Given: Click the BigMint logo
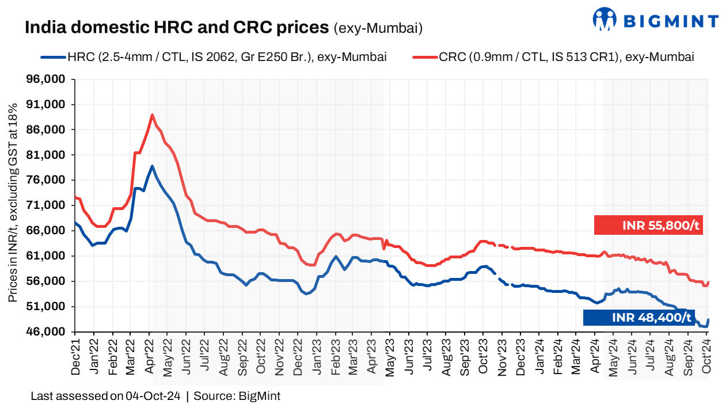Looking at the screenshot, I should click(655, 21).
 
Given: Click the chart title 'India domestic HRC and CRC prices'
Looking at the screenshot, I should click(177, 27).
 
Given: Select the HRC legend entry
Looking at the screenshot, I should click(214, 57).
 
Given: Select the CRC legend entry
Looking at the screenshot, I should click(553, 57).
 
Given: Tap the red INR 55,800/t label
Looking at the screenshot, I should click(648, 225).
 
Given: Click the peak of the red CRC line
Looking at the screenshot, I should click(152, 115).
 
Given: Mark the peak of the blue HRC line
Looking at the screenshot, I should click(152, 166).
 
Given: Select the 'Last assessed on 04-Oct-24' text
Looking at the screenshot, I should click(105, 396).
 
